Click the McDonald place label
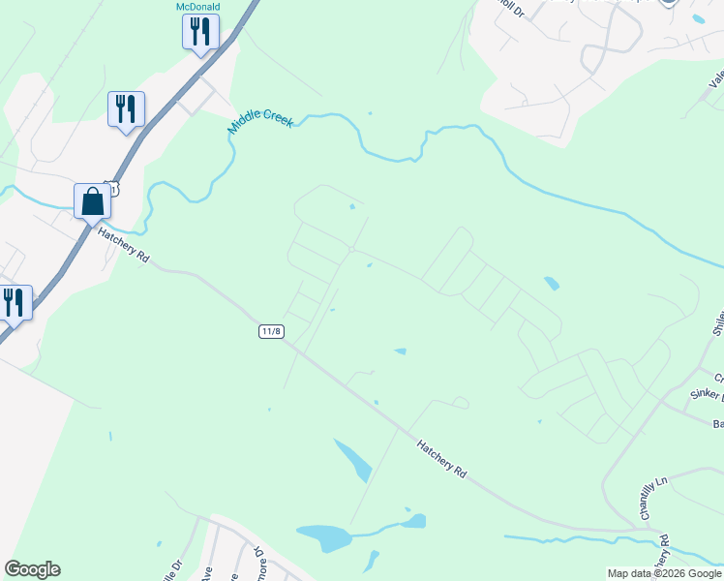[197, 6]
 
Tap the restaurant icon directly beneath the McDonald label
[200, 32]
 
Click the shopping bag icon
[93, 201]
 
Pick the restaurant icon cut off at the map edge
[15, 302]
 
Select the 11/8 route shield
[272, 331]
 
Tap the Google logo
[32, 569]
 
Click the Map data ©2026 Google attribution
[664, 573]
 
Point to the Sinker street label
[707, 395]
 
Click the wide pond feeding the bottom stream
[325, 536]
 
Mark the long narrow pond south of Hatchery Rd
[352, 459]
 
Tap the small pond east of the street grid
[550, 284]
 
